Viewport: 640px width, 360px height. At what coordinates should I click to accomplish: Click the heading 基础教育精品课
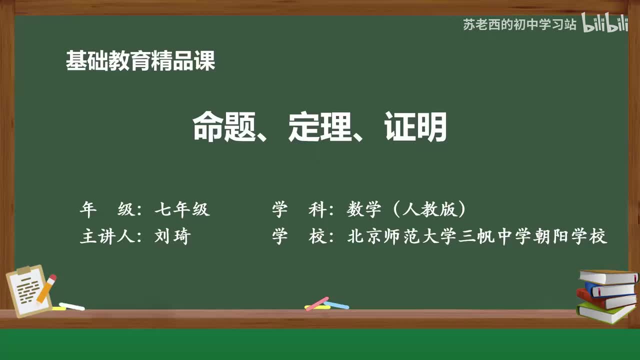click(x=140, y=61)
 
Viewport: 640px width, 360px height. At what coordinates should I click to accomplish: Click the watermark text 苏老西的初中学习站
click(x=519, y=24)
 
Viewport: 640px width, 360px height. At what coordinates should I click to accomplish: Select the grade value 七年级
click(x=182, y=209)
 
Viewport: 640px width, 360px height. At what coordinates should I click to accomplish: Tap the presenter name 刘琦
click(x=172, y=236)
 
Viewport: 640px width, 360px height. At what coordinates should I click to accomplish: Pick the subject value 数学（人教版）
click(x=406, y=209)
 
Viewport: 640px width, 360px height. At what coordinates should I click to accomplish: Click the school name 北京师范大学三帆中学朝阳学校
click(x=477, y=236)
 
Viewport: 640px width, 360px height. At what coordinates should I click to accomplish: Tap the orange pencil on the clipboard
click(x=46, y=288)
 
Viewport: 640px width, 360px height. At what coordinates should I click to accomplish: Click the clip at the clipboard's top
click(x=24, y=270)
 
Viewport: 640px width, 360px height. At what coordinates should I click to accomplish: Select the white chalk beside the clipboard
click(x=71, y=306)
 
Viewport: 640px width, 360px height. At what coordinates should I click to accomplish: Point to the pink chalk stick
click(x=316, y=303)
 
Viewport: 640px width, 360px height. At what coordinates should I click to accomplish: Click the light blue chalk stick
click(x=336, y=304)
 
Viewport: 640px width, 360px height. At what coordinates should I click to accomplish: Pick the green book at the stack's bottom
click(x=605, y=311)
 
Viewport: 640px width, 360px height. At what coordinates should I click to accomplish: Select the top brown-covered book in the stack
click(x=608, y=276)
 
